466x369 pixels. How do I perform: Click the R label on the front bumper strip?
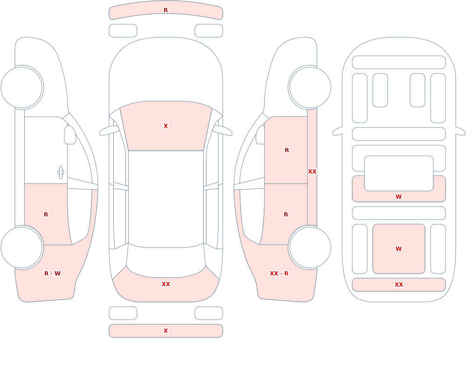click(x=166, y=10)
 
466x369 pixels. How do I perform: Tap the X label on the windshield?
click(x=166, y=126)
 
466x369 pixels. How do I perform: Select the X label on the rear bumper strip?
click(x=166, y=331)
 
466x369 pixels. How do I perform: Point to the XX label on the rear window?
click(x=166, y=284)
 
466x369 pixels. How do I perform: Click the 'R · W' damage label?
click(x=52, y=274)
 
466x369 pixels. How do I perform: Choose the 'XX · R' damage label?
click(x=279, y=274)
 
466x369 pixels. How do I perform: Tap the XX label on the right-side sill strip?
click(x=312, y=172)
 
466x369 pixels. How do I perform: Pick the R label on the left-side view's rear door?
click(x=46, y=215)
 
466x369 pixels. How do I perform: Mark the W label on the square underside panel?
click(x=399, y=249)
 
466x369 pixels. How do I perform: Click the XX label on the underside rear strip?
click(x=399, y=285)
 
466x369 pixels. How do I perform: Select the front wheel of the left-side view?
click(x=22, y=87)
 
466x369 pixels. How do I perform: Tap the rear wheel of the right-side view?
click(x=310, y=247)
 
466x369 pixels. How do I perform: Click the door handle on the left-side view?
click(x=61, y=173)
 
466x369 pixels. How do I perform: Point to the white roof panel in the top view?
click(x=166, y=199)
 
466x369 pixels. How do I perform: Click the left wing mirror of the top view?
click(x=109, y=131)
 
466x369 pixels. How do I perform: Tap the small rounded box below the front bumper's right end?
click(x=209, y=31)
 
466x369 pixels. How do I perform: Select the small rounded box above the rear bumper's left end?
click(x=123, y=313)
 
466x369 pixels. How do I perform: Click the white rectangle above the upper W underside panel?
click(x=399, y=174)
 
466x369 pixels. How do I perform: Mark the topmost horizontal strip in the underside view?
click(x=399, y=62)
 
